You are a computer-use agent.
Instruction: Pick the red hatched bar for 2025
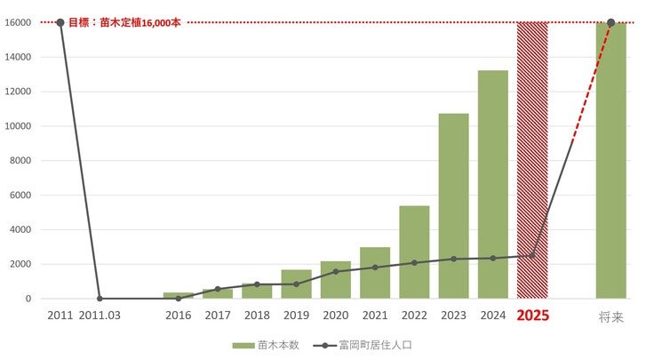pyautogui.click(x=532, y=160)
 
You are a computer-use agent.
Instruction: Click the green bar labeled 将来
pyautogui.click(x=610, y=160)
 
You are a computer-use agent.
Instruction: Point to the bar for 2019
pyautogui.click(x=296, y=284)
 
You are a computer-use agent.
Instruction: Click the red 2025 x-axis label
pyautogui.click(x=532, y=316)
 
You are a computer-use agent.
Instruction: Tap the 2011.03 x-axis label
pyautogui.click(x=100, y=316)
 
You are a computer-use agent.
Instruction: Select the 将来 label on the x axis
pyautogui.click(x=610, y=316)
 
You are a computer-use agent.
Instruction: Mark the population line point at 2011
pyautogui.click(x=60, y=22)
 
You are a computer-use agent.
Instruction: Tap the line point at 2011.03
pyautogui.click(x=100, y=299)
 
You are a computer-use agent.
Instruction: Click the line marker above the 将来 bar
pyautogui.click(x=610, y=22)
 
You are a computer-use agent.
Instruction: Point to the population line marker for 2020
pyautogui.click(x=335, y=272)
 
